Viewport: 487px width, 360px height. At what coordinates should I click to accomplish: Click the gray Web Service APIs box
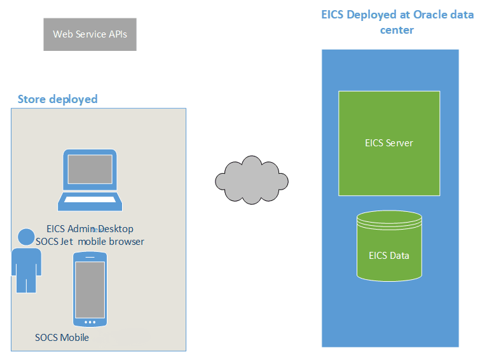pyautogui.click(x=90, y=34)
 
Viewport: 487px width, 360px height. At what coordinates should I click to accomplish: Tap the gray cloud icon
pyautogui.click(x=252, y=180)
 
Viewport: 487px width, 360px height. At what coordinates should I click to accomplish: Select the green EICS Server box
pyautogui.click(x=389, y=143)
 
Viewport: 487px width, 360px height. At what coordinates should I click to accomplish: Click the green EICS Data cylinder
pyautogui.click(x=389, y=246)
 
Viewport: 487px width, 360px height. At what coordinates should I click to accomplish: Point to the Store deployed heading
pyautogui.click(x=57, y=99)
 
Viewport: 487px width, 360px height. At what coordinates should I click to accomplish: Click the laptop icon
pyautogui.click(x=90, y=180)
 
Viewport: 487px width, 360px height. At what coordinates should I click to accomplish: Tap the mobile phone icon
pyautogui.click(x=90, y=289)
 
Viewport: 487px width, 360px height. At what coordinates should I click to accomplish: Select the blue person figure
pyautogui.click(x=26, y=261)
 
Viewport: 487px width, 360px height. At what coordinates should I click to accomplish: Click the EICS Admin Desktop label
pyautogui.click(x=90, y=229)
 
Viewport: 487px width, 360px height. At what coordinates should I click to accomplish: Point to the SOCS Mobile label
pyautogui.click(x=62, y=338)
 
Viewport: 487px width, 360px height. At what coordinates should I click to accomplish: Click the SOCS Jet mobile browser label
pyautogui.click(x=90, y=242)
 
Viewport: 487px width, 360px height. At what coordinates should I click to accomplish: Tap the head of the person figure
pyautogui.click(x=26, y=237)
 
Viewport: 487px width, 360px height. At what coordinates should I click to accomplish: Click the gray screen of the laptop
pyautogui.click(x=90, y=169)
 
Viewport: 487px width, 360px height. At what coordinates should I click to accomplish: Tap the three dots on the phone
pyautogui.click(x=90, y=322)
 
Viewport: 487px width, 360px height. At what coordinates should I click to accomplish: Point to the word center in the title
pyautogui.click(x=397, y=30)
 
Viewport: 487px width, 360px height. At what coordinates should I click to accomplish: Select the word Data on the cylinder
pyautogui.click(x=399, y=256)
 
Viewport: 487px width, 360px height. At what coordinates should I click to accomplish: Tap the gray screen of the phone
pyautogui.click(x=90, y=290)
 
